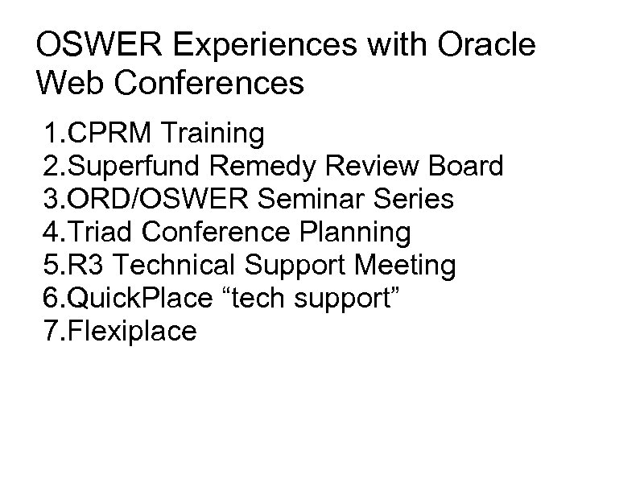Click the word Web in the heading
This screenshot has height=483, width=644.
coord(67,82)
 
